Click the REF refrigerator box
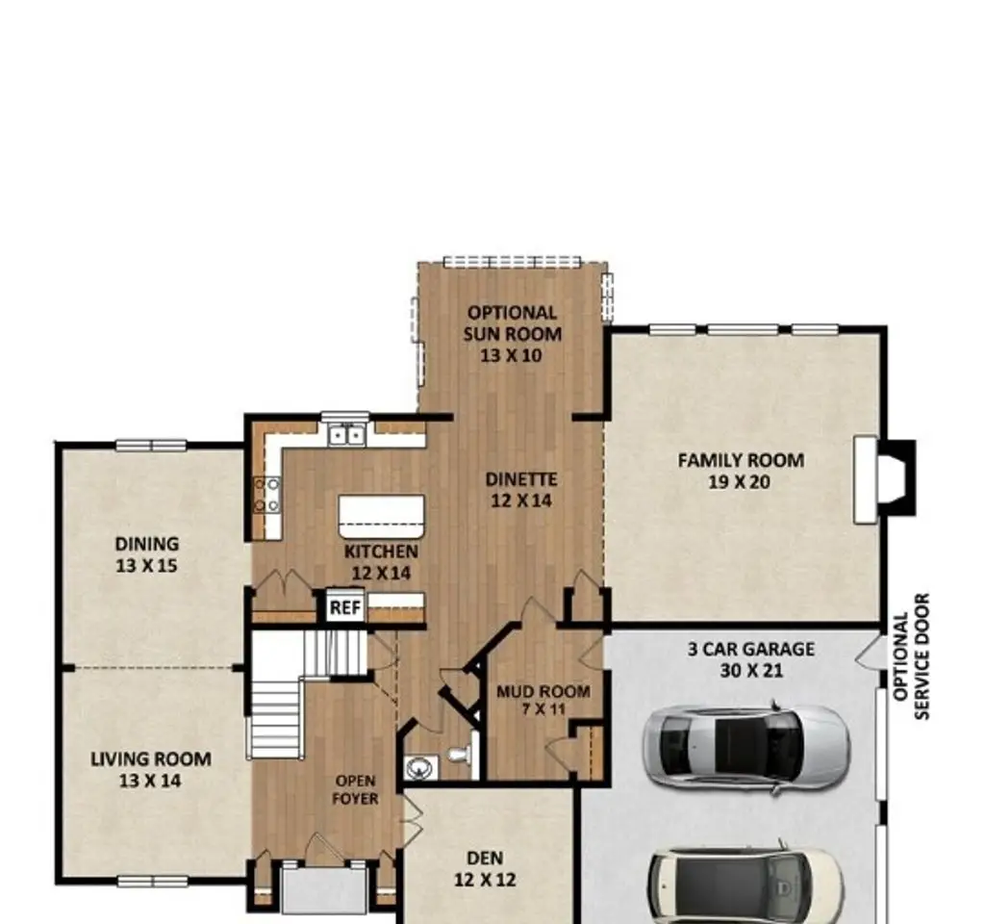coord(345,606)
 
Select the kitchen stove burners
coord(267,495)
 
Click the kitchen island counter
coord(381,517)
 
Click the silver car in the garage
coord(746,747)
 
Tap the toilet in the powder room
coord(460,755)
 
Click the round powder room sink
coord(420,767)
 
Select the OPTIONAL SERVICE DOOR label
coord(911,656)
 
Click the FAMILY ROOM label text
coord(741,460)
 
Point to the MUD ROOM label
coord(543,691)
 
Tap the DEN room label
coord(485,858)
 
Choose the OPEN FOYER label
coord(355,789)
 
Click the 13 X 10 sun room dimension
coord(511,355)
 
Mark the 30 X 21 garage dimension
coord(751,671)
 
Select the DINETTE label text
coord(521,479)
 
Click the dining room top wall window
coord(151,445)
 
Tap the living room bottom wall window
coord(153,882)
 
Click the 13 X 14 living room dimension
coord(150,781)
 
